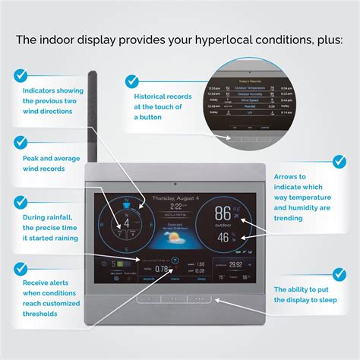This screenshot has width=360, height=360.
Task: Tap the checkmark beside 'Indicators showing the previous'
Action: (21, 74)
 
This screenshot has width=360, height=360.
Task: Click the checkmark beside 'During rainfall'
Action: (21, 201)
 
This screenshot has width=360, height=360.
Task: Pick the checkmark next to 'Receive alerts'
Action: (21, 269)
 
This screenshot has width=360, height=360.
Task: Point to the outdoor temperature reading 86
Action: (223, 213)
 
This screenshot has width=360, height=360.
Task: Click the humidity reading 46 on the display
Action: (223, 237)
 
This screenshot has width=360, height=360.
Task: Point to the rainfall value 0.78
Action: (162, 269)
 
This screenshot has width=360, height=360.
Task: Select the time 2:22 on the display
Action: (176, 206)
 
